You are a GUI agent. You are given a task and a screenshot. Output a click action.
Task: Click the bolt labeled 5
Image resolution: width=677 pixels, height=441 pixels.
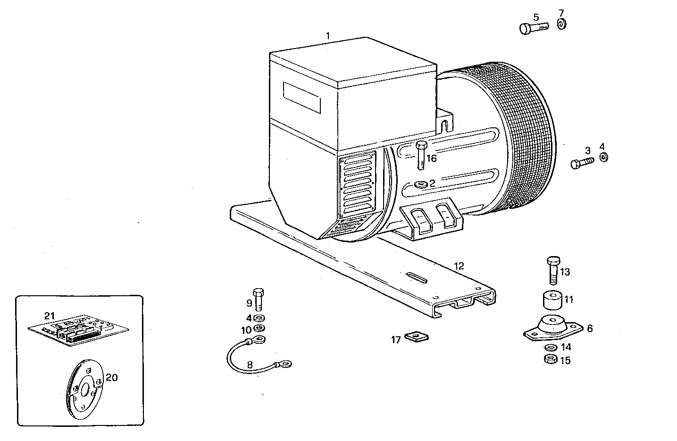(533, 28)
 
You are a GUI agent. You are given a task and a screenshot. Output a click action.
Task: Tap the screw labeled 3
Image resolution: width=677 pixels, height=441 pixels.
(582, 163)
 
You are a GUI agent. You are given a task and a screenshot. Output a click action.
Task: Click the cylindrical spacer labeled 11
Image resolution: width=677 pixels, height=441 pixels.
(552, 300)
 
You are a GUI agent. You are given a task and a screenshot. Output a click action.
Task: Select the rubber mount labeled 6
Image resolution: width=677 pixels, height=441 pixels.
(550, 329)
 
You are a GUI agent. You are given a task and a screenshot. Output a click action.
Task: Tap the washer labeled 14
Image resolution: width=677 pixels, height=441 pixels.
(550, 348)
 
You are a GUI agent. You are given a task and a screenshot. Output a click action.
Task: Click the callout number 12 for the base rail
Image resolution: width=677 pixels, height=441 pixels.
(459, 266)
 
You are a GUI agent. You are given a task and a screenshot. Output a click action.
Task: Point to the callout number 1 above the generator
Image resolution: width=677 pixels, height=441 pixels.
(328, 35)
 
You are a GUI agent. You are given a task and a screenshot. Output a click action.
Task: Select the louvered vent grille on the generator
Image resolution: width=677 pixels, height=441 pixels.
(357, 183)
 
